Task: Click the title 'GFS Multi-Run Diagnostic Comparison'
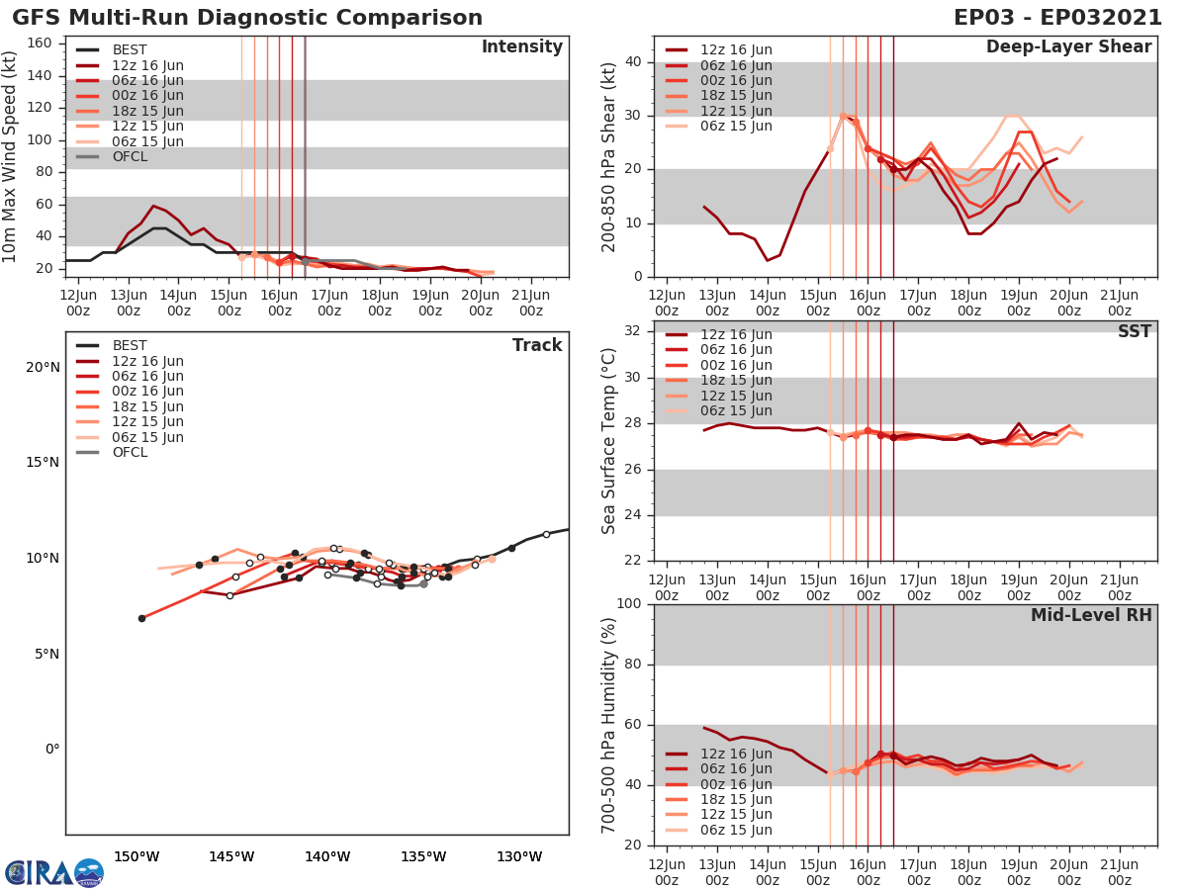pos(247,18)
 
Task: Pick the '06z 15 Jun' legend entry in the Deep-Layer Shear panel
pos(736,126)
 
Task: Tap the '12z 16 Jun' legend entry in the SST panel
pos(736,334)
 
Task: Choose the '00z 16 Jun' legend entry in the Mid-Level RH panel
pos(736,784)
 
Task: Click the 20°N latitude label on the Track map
pos(42,367)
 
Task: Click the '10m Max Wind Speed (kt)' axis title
pos(11,156)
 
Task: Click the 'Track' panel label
pos(537,345)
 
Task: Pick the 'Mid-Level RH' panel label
pos(1091,615)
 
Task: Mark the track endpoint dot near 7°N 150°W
pos(141,618)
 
